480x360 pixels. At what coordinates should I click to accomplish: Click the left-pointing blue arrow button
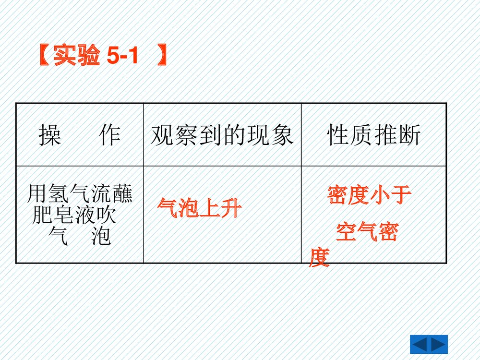(x=420, y=345)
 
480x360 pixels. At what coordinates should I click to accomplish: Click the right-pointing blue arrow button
(x=439, y=345)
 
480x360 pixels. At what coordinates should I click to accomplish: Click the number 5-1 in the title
(x=123, y=56)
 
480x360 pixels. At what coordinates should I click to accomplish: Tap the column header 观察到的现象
(x=222, y=135)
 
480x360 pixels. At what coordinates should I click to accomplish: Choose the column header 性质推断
(x=374, y=135)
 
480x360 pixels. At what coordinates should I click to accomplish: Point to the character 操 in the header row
(x=50, y=135)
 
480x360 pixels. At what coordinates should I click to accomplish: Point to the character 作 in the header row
(x=109, y=135)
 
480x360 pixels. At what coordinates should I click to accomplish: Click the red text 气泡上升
(x=199, y=209)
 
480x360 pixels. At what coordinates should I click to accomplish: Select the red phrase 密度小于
(x=369, y=195)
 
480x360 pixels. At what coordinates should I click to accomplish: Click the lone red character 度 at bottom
(x=319, y=258)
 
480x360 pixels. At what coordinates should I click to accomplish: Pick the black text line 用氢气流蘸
(x=80, y=194)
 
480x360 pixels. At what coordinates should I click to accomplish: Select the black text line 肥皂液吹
(x=74, y=216)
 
